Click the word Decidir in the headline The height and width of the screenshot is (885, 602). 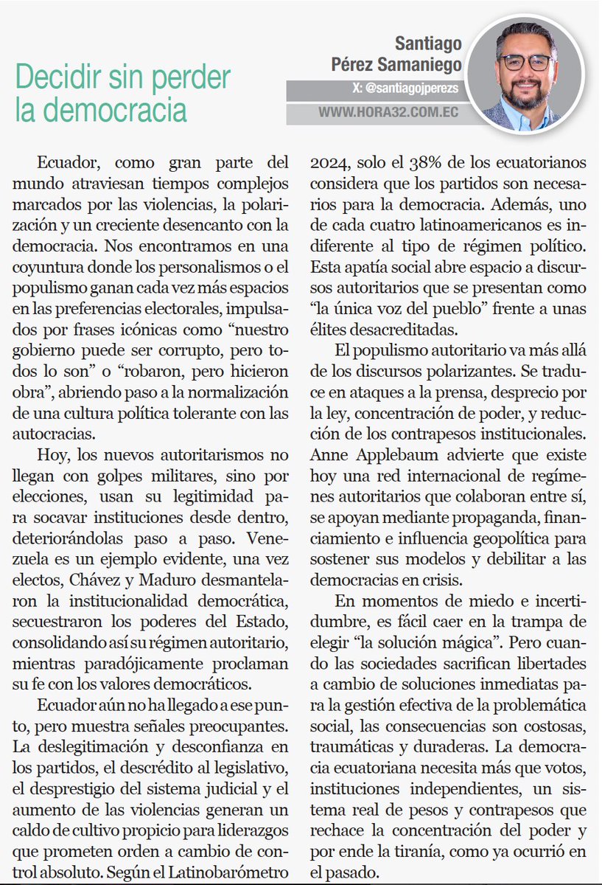coord(58,77)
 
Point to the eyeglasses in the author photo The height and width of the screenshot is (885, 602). coord(525,62)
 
